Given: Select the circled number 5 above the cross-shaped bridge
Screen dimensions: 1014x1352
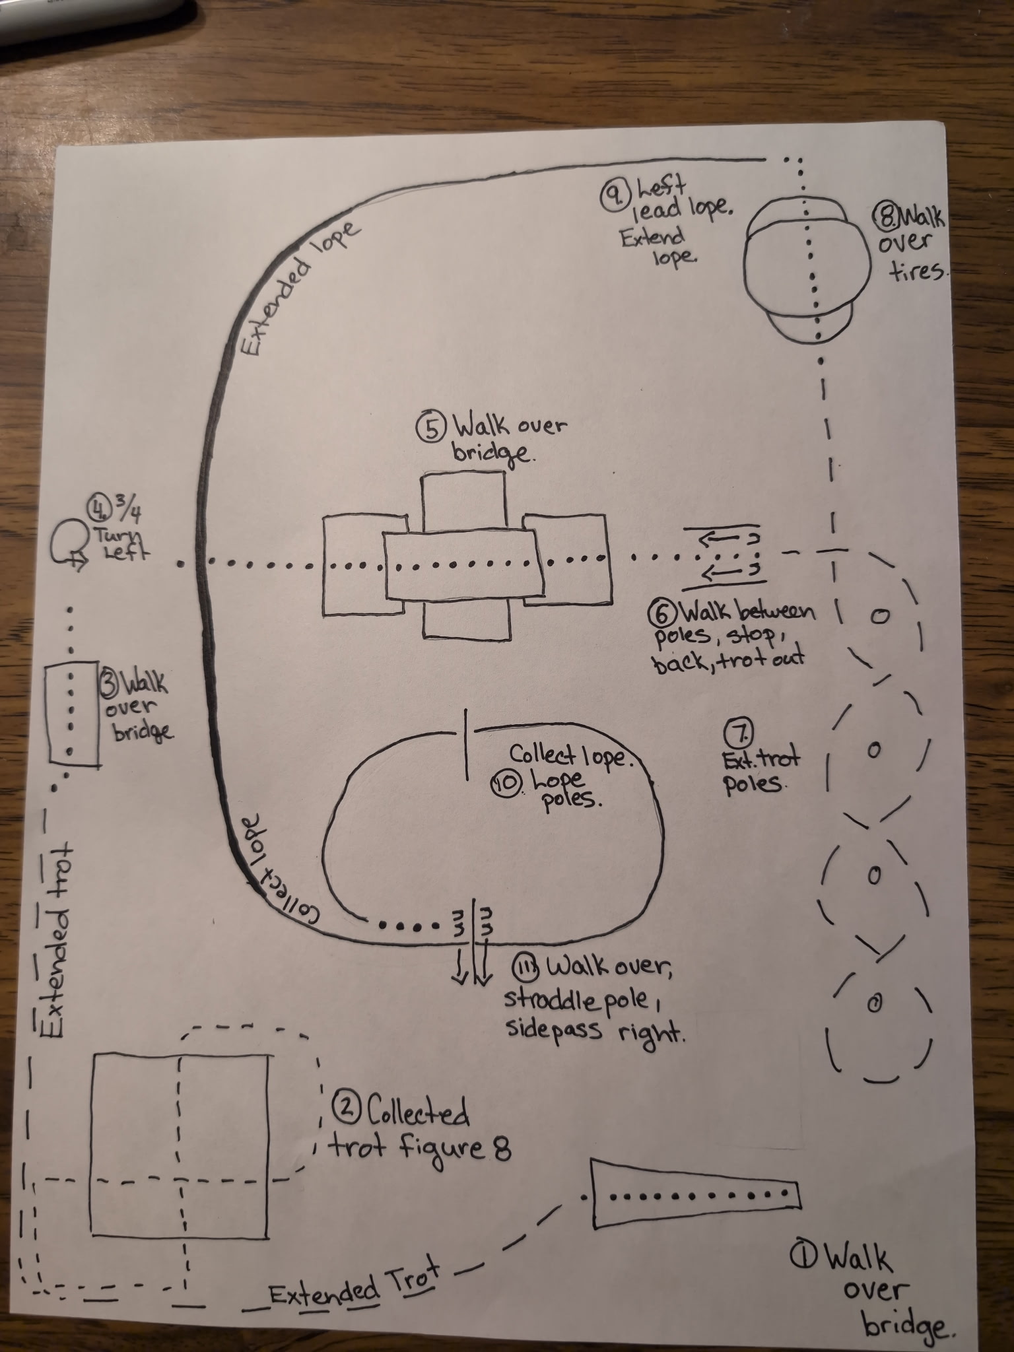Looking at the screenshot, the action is (x=430, y=428).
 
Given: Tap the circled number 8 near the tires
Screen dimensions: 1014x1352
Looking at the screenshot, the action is (x=885, y=215).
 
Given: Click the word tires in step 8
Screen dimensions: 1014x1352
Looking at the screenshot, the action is (x=917, y=270).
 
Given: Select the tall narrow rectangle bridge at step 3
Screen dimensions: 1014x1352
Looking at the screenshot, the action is (x=73, y=715).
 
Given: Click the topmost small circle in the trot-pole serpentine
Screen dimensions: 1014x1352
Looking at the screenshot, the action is (x=879, y=616).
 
